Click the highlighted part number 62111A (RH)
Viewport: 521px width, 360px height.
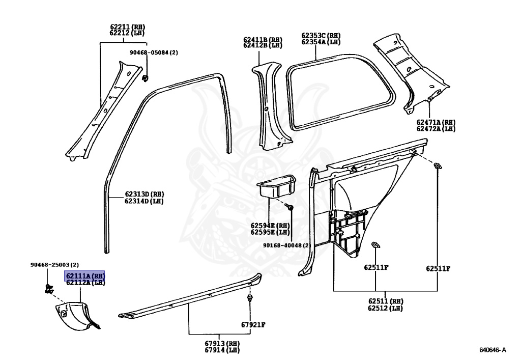pyautogui.click(x=84, y=275)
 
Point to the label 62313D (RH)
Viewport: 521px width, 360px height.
pyautogui.click(x=144, y=194)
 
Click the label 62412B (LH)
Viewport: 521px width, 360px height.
pyautogui.click(x=262, y=45)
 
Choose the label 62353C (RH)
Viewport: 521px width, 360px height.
pyautogui.click(x=321, y=36)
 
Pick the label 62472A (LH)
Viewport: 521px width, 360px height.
pyautogui.click(x=436, y=129)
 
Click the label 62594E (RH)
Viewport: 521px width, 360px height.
pyautogui.click(x=270, y=225)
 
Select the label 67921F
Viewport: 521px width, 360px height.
pyautogui.click(x=253, y=324)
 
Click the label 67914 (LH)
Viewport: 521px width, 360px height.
pyautogui.click(x=222, y=350)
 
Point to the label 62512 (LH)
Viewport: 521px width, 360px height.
pyautogui.click(x=385, y=308)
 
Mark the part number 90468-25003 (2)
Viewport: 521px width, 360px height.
pyautogui.click(x=54, y=265)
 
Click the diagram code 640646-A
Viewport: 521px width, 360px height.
pyautogui.click(x=493, y=350)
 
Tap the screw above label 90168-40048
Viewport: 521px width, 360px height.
pyautogui.click(x=290, y=207)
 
